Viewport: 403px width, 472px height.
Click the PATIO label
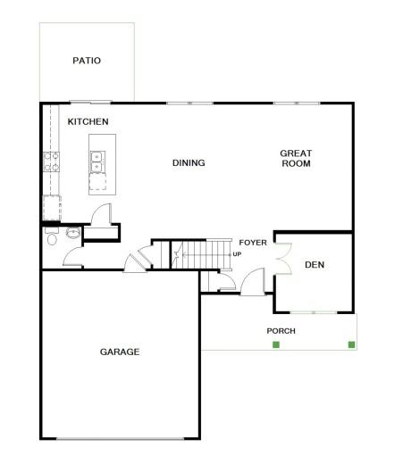pyautogui.click(x=87, y=61)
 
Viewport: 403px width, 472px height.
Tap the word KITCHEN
pyautogui.click(x=88, y=121)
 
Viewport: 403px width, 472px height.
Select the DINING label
pyautogui.click(x=189, y=163)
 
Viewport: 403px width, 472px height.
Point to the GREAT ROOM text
pyautogui.click(x=296, y=158)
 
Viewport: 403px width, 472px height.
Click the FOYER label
pyautogui.click(x=253, y=243)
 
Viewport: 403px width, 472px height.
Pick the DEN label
pyautogui.click(x=315, y=265)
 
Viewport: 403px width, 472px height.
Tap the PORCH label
pyautogui.click(x=281, y=331)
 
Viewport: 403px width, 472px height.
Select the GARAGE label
pyautogui.click(x=120, y=352)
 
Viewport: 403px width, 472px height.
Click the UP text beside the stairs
pyautogui.click(x=237, y=254)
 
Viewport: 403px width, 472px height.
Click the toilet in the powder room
pyautogui.click(x=52, y=237)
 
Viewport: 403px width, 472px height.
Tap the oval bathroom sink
pyautogui.click(x=73, y=233)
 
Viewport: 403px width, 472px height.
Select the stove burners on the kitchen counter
pyautogui.click(x=52, y=162)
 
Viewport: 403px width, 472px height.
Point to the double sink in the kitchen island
pyautogui.click(x=97, y=162)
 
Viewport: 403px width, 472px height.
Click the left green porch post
pyautogui.click(x=276, y=344)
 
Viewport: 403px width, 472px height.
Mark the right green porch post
pyautogui.click(x=351, y=344)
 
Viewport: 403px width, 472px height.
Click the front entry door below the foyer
pyautogui.click(x=253, y=281)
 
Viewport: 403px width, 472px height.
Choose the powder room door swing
pyautogui.click(x=73, y=256)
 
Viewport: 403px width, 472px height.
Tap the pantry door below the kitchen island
pyautogui.click(x=101, y=214)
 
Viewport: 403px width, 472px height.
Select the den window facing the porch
pyautogui.click(x=314, y=312)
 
